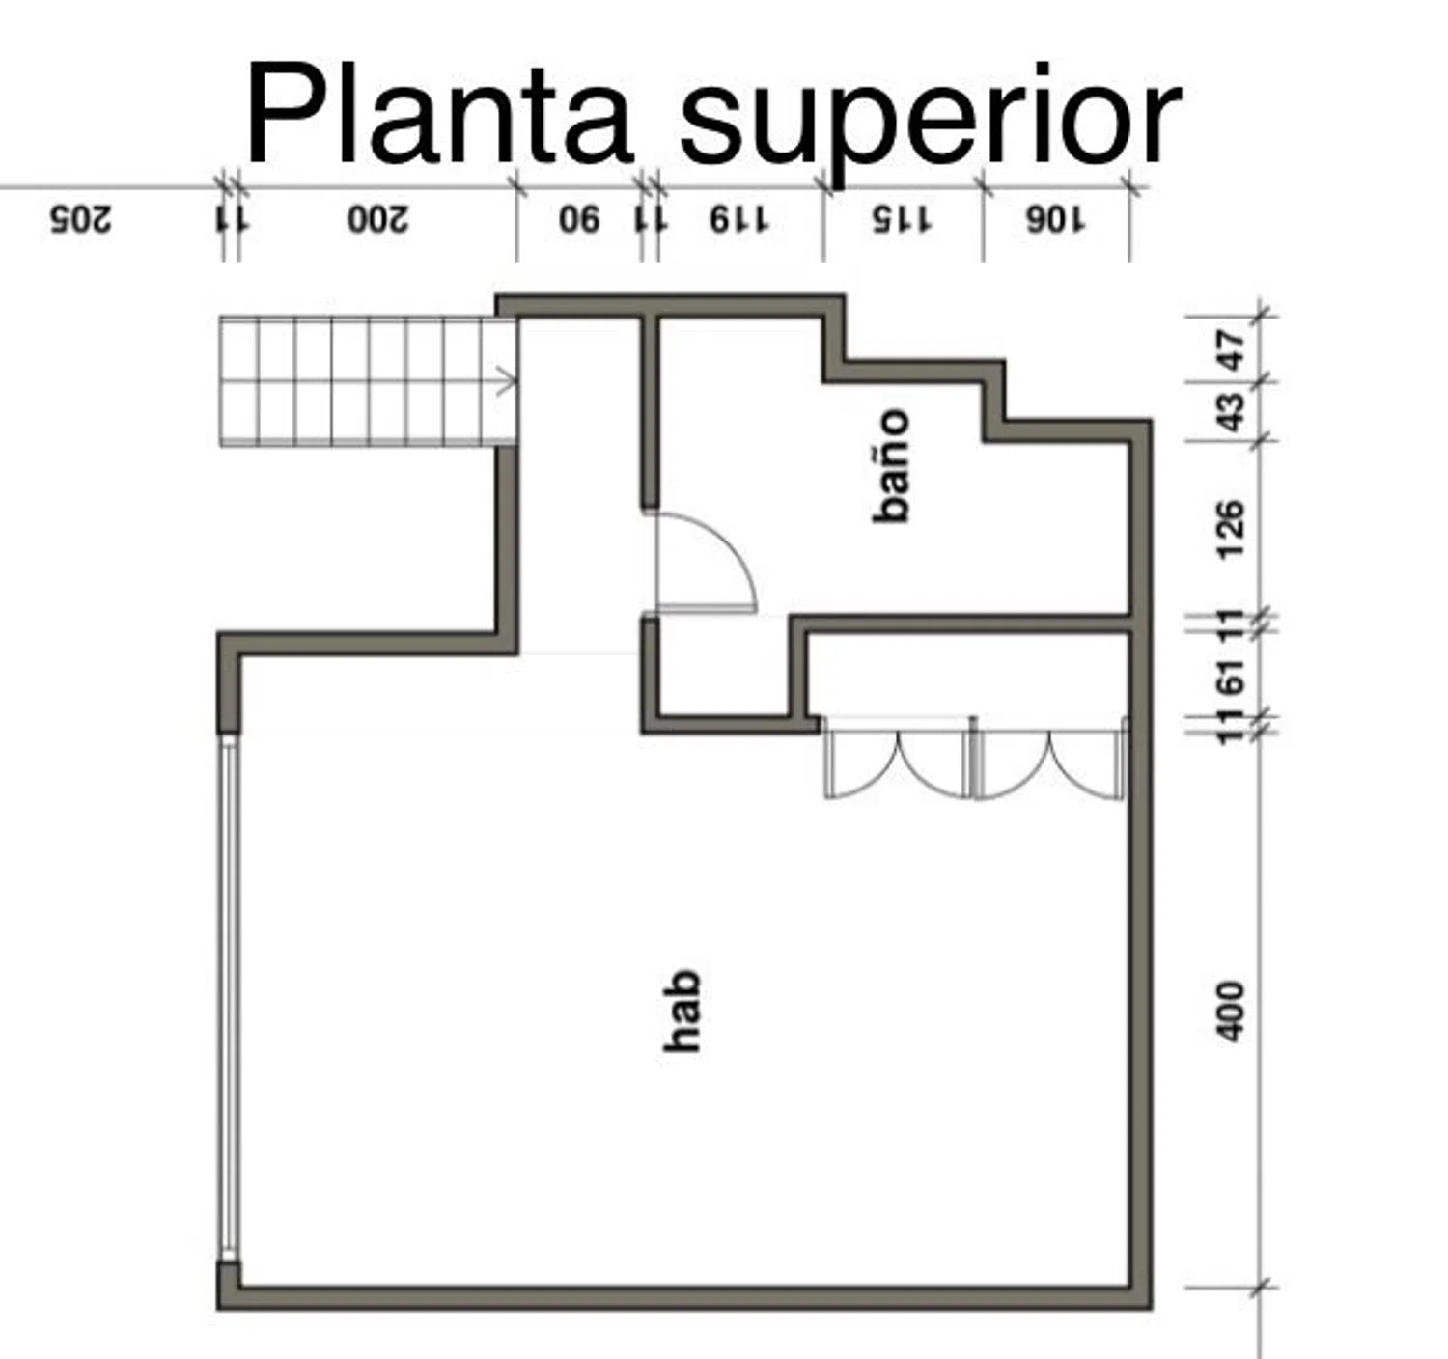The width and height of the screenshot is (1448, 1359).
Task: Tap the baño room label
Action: (x=892, y=466)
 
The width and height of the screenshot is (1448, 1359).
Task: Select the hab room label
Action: (x=682, y=1011)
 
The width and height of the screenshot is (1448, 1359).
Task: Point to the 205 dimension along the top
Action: (x=81, y=219)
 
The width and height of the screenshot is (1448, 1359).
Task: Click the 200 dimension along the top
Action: (x=378, y=219)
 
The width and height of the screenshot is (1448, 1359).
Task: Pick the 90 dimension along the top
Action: (x=579, y=219)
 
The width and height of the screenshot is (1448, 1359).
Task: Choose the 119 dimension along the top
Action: (x=739, y=219)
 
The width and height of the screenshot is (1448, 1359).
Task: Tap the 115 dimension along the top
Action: (x=903, y=219)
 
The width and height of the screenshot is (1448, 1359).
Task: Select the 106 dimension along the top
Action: (x=1056, y=219)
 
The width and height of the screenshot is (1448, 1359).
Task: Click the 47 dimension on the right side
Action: (x=1231, y=350)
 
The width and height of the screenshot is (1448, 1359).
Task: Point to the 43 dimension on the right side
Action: (x=1231, y=412)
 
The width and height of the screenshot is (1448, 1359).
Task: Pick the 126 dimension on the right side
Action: (x=1231, y=529)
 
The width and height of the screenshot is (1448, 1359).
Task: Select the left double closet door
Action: (x=899, y=759)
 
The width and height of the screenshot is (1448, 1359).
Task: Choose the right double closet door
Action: (x=1050, y=759)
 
